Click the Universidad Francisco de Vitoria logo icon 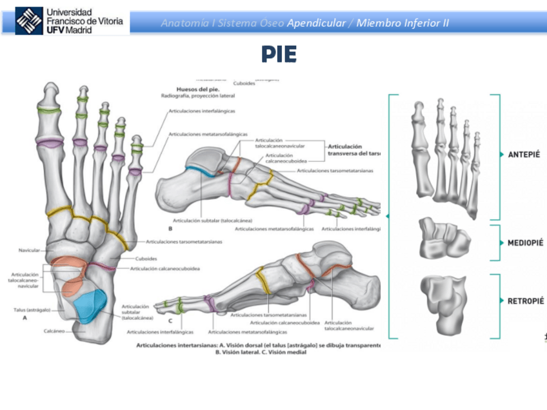[x=28, y=20]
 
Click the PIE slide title [x=279, y=55]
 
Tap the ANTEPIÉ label [x=523, y=155]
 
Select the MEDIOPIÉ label [x=525, y=242]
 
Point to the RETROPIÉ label [x=524, y=300]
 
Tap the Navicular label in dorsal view [x=30, y=249]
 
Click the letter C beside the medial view [x=170, y=320]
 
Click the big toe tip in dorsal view [x=48, y=90]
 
